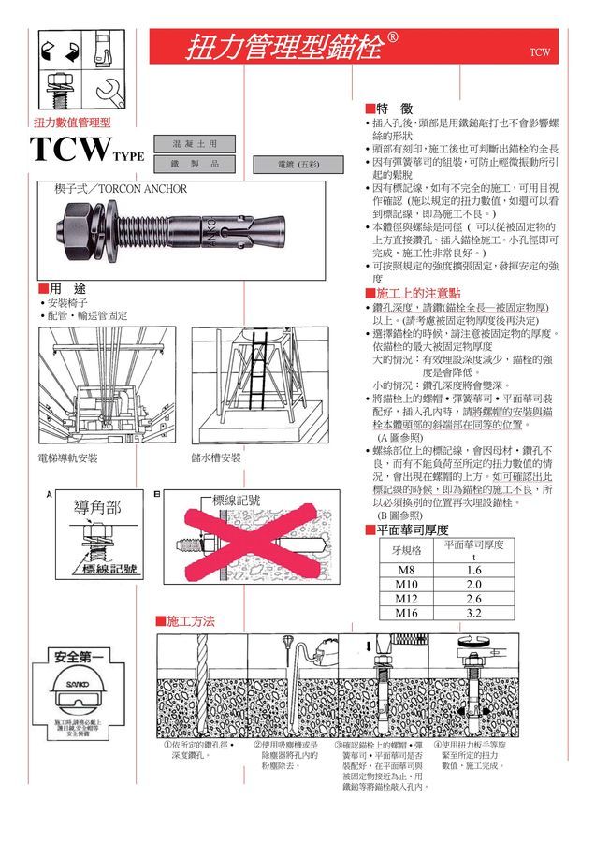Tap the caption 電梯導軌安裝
[x=67, y=458]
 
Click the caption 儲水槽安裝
[x=216, y=458]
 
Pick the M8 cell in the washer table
[x=406, y=570]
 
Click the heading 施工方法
[x=190, y=621]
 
